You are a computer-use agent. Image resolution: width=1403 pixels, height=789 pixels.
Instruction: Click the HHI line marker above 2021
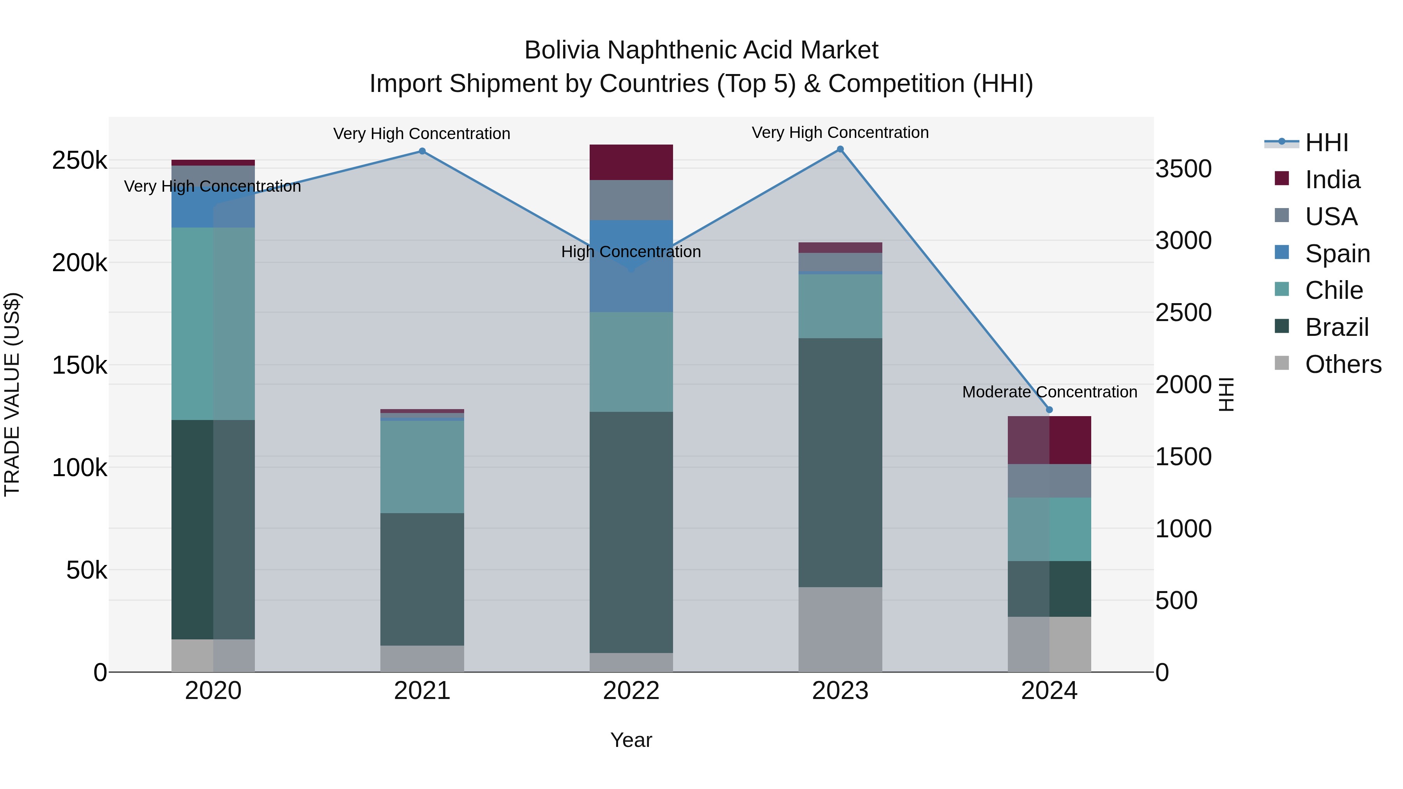click(422, 152)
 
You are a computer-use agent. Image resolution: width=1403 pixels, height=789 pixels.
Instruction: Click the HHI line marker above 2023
click(840, 149)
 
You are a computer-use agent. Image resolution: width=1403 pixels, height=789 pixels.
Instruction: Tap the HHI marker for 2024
click(1050, 410)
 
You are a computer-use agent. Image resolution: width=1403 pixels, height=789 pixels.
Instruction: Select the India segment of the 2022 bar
click(631, 162)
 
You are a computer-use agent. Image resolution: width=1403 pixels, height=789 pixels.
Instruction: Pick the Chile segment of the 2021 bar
click(422, 467)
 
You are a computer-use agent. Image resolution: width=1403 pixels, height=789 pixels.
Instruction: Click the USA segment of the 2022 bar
click(631, 200)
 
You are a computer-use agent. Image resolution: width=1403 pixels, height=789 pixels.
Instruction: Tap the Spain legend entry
click(1337, 254)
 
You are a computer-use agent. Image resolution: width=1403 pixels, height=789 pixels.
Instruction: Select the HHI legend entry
click(1326, 143)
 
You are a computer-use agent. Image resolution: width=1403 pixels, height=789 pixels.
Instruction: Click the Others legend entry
click(1343, 364)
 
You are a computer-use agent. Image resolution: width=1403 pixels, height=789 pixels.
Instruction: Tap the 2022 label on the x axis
click(631, 691)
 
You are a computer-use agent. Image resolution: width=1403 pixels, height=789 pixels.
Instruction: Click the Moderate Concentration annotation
click(1049, 392)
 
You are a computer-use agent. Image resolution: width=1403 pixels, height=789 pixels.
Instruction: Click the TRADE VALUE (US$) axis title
click(12, 394)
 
